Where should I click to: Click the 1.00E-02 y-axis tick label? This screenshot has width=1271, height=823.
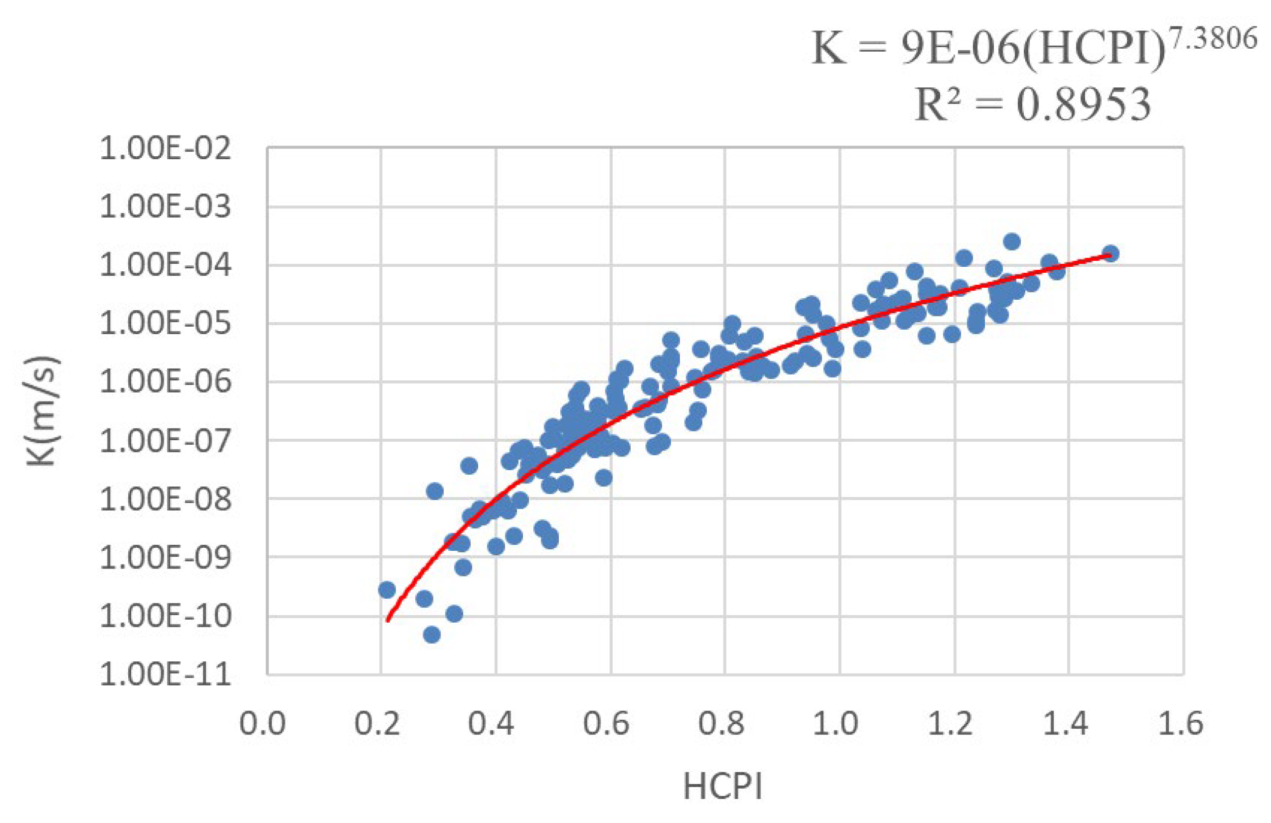pyautogui.click(x=166, y=149)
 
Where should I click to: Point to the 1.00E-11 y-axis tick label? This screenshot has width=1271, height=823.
pyautogui.click(x=166, y=675)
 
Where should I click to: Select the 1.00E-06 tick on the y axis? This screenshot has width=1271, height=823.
pyautogui.click(x=166, y=382)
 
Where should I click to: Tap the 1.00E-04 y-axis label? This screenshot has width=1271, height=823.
pyautogui.click(x=166, y=265)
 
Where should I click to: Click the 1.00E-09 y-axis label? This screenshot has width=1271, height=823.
pyautogui.click(x=166, y=558)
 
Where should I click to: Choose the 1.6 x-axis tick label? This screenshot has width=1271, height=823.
pyautogui.click(x=1180, y=724)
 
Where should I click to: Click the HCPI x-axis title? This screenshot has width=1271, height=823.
pyautogui.click(x=722, y=787)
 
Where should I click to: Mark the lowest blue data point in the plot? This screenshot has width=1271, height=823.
pyautogui.click(x=432, y=635)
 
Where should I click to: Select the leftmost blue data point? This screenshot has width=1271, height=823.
pyautogui.click(x=387, y=590)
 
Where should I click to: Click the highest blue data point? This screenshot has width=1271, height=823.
pyautogui.click(x=1011, y=241)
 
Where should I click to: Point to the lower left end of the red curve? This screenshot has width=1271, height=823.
pyautogui.click(x=388, y=620)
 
